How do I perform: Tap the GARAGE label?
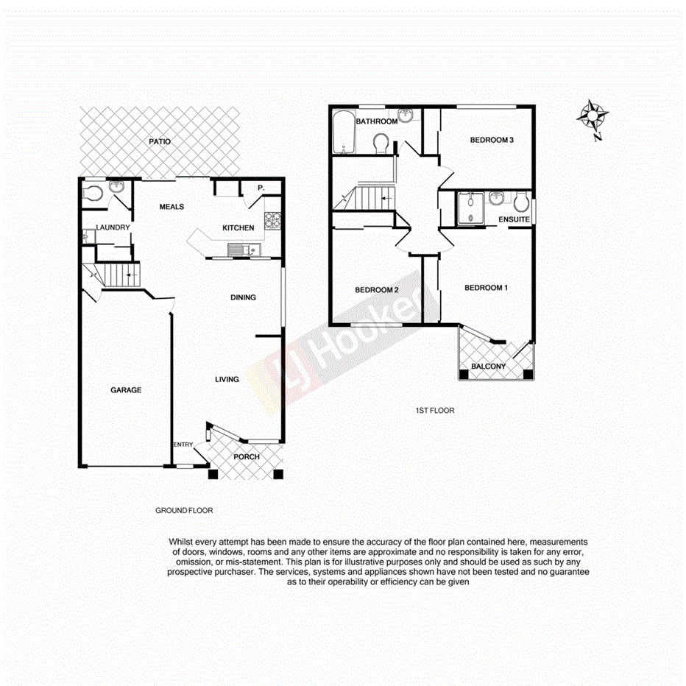tap(126, 390)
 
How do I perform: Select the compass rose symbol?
tap(593, 118)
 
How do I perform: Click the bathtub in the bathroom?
tap(344, 132)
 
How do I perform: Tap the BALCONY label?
tap(489, 367)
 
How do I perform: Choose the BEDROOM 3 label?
tap(492, 141)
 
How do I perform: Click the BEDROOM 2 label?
tap(377, 290)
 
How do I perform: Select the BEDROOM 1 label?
tap(486, 288)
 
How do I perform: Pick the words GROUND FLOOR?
tap(183, 510)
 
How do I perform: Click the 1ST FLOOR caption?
tap(435, 411)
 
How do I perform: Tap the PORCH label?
tap(247, 457)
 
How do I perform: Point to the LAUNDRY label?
tap(112, 228)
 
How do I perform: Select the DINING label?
tap(243, 297)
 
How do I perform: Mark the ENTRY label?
tap(183, 445)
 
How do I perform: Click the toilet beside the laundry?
tap(93, 194)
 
